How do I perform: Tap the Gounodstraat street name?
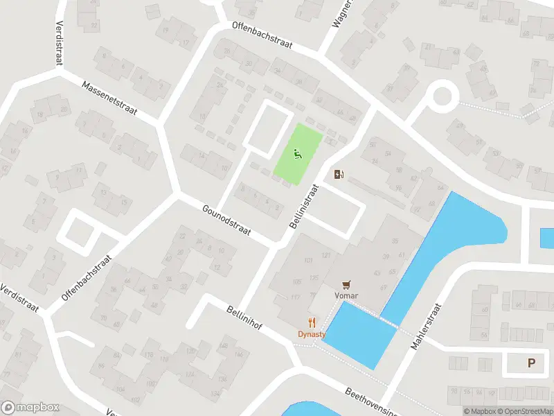click(226, 219)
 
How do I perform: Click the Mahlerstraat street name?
click(426, 326)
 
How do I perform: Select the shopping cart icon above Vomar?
click(347, 284)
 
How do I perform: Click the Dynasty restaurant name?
click(312, 333)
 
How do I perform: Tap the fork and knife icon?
click(312, 322)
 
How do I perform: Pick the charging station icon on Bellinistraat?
click(339, 174)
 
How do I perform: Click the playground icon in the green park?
click(298, 154)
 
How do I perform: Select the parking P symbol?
click(532, 363)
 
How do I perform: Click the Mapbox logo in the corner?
click(30, 408)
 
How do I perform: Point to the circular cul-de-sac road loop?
click(441, 96)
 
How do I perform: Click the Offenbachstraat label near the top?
click(262, 37)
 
